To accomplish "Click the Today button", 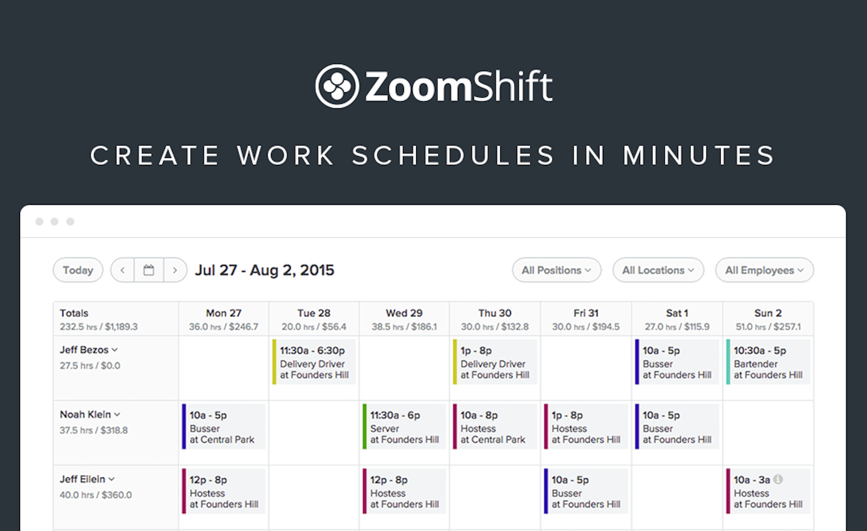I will (x=78, y=270).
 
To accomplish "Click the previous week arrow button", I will (x=122, y=270).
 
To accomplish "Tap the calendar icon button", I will (x=149, y=270).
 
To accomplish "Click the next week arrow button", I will (x=175, y=270).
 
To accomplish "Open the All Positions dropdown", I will (x=556, y=270).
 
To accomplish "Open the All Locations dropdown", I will (x=658, y=270).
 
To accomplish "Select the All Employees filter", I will (x=764, y=270).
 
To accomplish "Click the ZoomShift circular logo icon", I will (x=337, y=86).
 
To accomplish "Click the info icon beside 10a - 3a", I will (x=778, y=479).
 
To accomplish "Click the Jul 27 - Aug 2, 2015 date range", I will (x=265, y=270).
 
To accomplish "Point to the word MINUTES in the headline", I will (x=699, y=155).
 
